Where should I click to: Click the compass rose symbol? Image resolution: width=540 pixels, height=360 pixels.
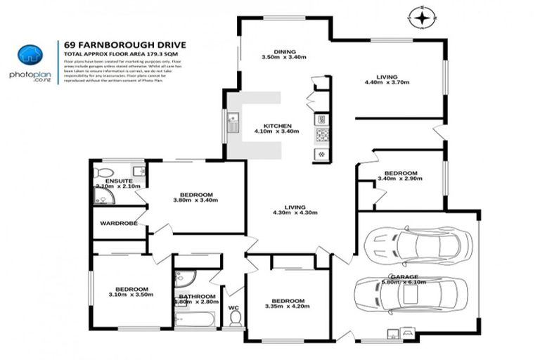pyautogui.click(x=422, y=15)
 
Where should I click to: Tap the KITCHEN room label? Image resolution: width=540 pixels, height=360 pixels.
pyautogui.click(x=278, y=127)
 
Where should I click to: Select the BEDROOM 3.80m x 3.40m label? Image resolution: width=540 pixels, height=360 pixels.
pyautogui.click(x=195, y=198)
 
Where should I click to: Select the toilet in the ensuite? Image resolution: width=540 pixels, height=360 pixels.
pyautogui.click(x=103, y=172)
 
